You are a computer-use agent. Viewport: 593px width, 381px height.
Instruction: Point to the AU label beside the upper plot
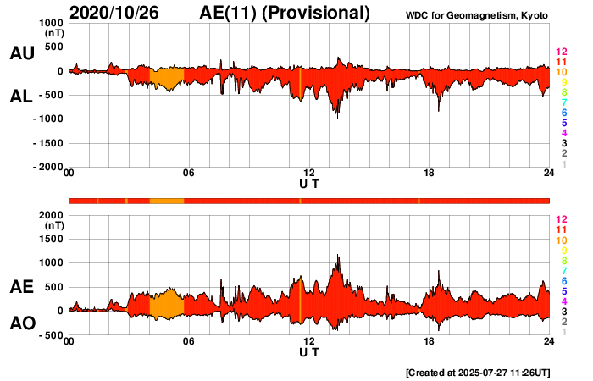click(x=21, y=53)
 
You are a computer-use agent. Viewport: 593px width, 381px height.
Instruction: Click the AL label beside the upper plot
click(x=21, y=97)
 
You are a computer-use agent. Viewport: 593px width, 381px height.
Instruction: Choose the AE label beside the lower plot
click(x=21, y=287)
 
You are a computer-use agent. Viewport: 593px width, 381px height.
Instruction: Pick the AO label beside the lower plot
click(x=21, y=323)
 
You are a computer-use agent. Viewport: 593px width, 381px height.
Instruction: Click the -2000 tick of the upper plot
click(x=49, y=167)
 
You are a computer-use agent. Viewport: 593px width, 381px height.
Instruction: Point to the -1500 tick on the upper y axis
click(x=49, y=143)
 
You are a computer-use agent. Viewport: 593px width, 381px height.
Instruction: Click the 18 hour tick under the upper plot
click(x=430, y=174)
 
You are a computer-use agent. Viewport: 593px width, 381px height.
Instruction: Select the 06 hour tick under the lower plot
click(x=189, y=341)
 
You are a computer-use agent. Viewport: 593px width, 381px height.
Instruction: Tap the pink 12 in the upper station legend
click(x=560, y=52)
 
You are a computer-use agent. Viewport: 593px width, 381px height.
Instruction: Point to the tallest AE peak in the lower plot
click(x=338, y=255)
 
